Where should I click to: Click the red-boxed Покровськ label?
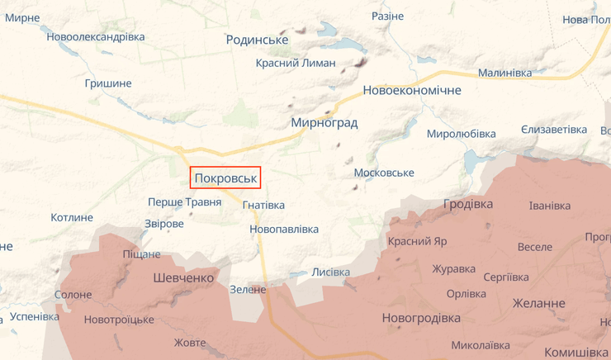[x=225, y=178]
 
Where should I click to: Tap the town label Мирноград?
[x=324, y=122]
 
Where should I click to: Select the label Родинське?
[x=257, y=40]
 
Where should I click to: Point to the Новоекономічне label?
[x=411, y=91]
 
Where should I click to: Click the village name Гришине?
[x=108, y=83]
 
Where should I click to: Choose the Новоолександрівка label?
[x=96, y=36]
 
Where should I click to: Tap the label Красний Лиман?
[x=296, y=63]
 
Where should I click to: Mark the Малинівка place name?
[x=504, y=73]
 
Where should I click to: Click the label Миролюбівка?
[x=461, y=134]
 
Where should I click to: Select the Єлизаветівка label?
[x=553, y=130]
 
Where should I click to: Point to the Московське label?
[x=383, y=173]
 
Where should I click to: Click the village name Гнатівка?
[x=263, y=205]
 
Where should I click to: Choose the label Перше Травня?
[x=184, y=202]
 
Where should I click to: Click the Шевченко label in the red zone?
[x=183, y=278]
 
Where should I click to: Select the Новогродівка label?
[x=421, y=318]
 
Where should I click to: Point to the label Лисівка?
[x=330, y=272]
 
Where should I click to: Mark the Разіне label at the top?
[x=387, y=17]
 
